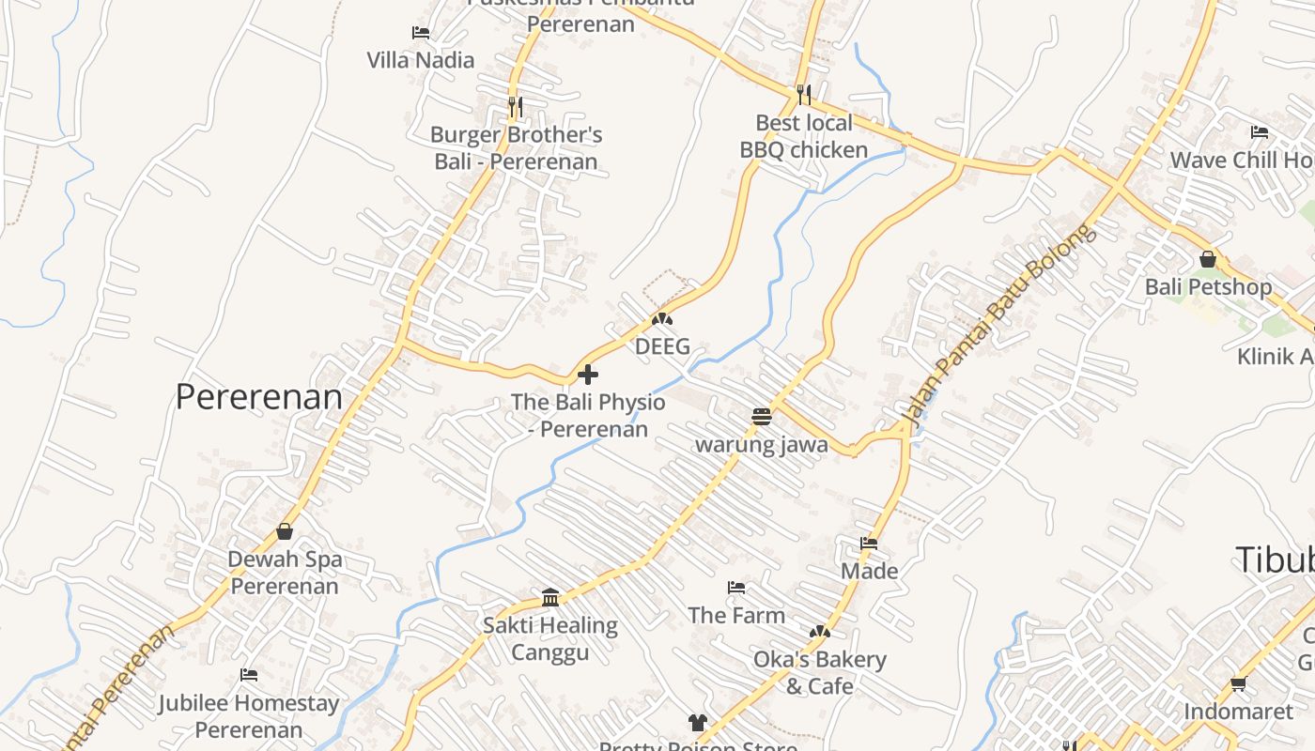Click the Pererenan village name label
pyautogui.click(x=258, y=397)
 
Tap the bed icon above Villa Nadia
pyautogui.click(x=421, y=33)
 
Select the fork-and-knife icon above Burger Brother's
pyautogui.click(x=515, y=107)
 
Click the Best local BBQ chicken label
pyautogui.click(x=804, y=136)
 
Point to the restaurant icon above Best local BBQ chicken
pyautogui.click(x=803, y=94)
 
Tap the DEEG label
pyautogui.click(x=662, y=346)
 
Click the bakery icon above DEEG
pyautogui.click(x=662, y=319)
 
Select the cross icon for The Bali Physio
pyautogui.click(x=588, y=375)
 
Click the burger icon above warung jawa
pyautogui.click(x=762, y=416)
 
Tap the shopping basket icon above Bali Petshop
pyautogui.click(x=1208, y=259)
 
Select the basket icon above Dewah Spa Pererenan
pyautogui.click(x=285, y=531)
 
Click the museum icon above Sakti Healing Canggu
pyautogui.click(x=550, y=597)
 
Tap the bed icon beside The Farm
pyautogui.click(x=736, y=588)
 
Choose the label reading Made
pyautogui.click(x=869, y=571)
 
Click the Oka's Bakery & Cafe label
pyautogui.click(x=820, y=672)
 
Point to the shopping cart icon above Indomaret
pyautogui.click(x=1238, y=684)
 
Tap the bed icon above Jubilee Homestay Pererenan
pyautogui.click(x=249, y=675)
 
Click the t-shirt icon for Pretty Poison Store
pyautogui.click(x=697, y=722)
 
